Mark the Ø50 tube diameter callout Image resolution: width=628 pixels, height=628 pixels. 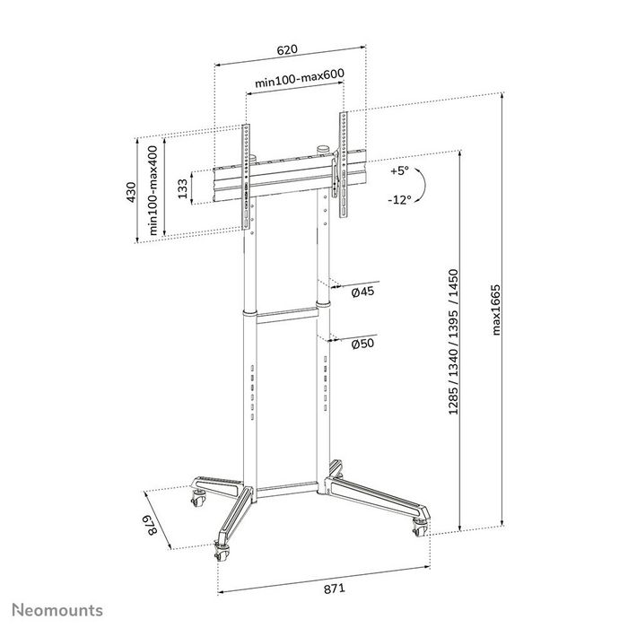[362, 345]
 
